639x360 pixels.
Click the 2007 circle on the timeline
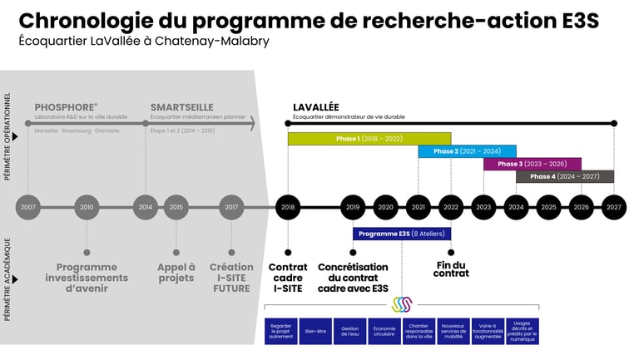[x=28, y=207]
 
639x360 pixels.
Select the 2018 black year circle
[x=288, y=207]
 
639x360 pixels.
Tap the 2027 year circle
[x=614, y=207]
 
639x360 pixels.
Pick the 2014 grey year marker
[x=146, y=207]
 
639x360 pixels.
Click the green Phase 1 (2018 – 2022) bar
[x=369, y=139]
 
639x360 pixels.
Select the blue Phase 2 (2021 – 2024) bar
[x=466, y=151]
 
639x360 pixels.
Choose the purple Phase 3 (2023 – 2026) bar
[x=532, y=164]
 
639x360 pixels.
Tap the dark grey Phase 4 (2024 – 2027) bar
[x=564, y=176]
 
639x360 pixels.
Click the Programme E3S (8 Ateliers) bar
[x=401, y=234]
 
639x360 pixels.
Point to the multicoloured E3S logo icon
[x=402, y=304]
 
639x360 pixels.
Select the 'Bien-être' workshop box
[x=315, y=331]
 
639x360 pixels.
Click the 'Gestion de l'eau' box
[x=349, y=331]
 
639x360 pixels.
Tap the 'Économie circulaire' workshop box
[x=384, y=331]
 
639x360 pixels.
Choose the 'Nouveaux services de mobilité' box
[x=453, y=331]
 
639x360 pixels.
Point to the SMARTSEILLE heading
[x=181, y=107]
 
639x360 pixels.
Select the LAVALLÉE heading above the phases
[x=315, y=107]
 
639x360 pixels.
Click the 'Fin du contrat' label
[x=451, y=269]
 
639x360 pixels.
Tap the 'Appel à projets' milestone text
[x=176, y=273]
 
